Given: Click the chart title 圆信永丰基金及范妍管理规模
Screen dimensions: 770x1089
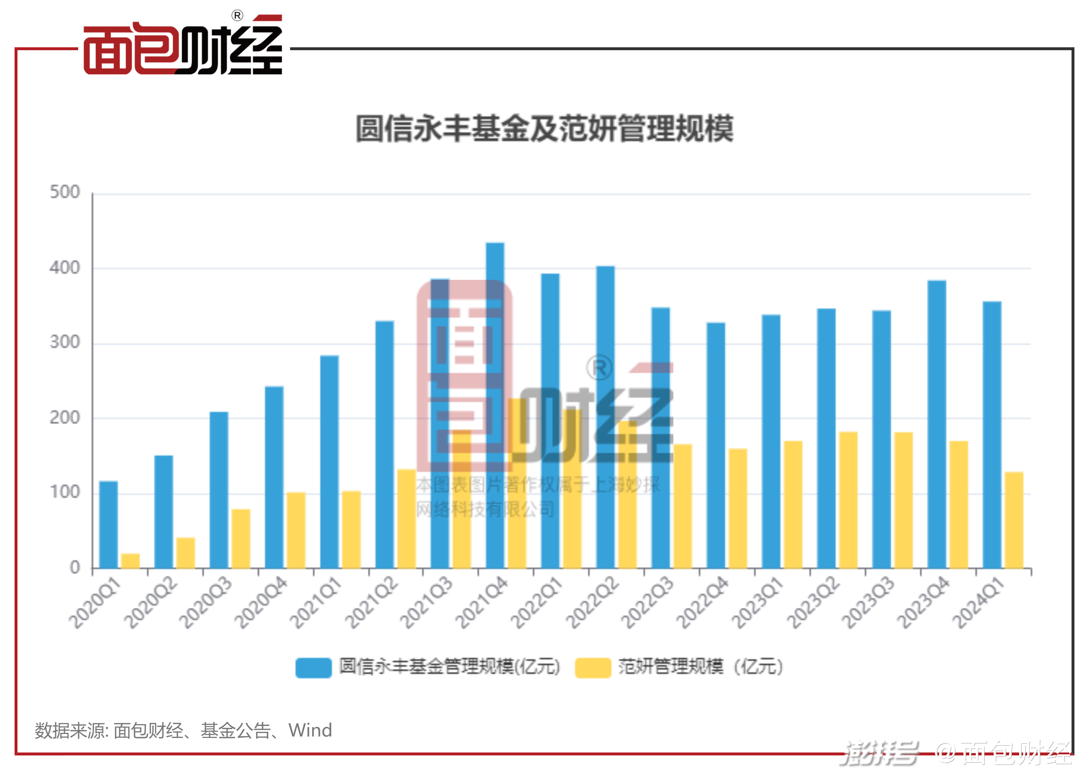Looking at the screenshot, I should tap(544, 128).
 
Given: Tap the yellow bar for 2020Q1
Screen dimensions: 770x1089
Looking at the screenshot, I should tap(130, 560).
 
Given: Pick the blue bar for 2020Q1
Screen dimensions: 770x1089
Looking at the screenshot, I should tap(108, 524).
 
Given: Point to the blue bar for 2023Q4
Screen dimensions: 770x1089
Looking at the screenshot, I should tap(937, 424).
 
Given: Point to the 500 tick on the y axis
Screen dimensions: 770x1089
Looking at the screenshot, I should tap(65, 192).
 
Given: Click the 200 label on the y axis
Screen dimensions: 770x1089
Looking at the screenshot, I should tap(65, 418).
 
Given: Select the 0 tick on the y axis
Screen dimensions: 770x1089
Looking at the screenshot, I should tap(75, 567).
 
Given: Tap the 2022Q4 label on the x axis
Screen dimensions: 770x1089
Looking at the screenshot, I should tap(702, 603).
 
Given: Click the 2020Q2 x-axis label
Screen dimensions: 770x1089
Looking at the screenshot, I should tap(151, 603).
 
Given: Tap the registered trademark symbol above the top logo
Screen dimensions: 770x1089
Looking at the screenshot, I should tap(237, 16).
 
